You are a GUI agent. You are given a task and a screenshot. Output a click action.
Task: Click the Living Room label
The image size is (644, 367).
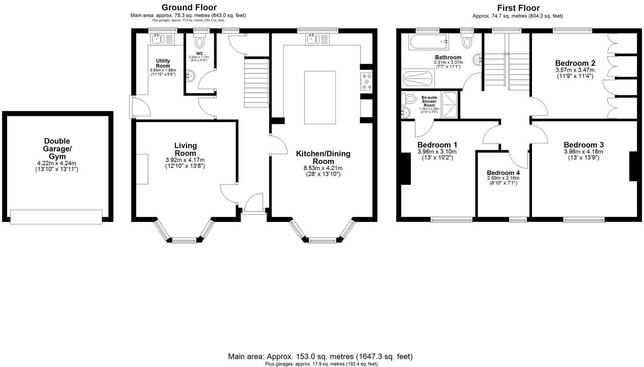[185, 149]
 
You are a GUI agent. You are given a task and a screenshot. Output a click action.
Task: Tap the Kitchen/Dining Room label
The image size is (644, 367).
[323, 157]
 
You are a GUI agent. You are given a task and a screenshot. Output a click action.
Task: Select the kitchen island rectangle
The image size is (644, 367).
[320, 97]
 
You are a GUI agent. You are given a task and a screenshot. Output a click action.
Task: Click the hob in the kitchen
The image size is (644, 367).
[366, 81]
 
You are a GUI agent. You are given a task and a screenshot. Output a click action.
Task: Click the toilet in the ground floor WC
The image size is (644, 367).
[200, 42]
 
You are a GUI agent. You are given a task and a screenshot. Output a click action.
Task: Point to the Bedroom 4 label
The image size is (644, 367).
[503, 173]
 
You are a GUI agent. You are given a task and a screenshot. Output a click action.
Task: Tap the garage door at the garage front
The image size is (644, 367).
[56, 216]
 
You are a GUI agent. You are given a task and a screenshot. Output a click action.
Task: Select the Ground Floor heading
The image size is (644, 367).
[189, 7]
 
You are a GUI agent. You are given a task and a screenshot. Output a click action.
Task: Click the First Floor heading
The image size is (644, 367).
[518, 8]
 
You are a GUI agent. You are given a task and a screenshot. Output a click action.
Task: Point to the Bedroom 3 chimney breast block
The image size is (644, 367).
[633, 166]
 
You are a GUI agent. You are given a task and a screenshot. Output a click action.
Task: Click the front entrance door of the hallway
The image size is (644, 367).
[253, 206]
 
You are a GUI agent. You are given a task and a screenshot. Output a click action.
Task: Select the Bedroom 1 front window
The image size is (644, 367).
[452, 219]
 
